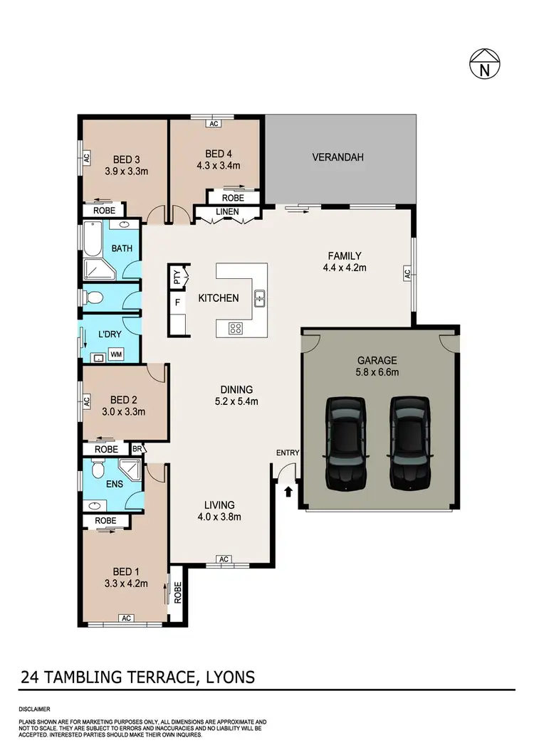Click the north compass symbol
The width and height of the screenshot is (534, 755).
484,66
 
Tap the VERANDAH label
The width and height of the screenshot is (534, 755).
337,157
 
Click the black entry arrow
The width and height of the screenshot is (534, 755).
288,491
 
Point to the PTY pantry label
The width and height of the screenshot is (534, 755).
177,277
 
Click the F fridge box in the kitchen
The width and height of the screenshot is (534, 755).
176,302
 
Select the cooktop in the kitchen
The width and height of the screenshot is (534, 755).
236,328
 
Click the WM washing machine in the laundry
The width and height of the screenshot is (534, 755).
115,353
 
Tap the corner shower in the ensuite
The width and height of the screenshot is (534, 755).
130,470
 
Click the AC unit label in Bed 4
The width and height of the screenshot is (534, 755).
213,123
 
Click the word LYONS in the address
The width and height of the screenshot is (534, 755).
226,675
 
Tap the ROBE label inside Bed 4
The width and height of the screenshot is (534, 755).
233,197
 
